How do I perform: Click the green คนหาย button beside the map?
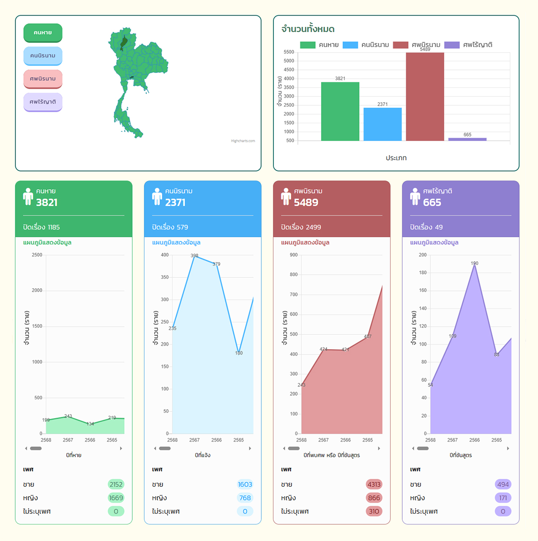[x=43, y=33]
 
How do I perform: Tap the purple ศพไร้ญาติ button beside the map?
[x=43, y=102]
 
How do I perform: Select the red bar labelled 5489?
[x=425, y=96]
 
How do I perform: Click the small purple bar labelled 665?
[x=467, y=139]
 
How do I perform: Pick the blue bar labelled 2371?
[x=382, y=124]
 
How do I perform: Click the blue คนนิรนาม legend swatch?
[x=350, y=45]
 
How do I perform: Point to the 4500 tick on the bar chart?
[x=289, y=69]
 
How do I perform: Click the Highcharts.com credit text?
[x=243, y=141]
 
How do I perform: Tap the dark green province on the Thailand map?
[x=124, y=43]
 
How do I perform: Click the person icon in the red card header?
[x=286, y=196]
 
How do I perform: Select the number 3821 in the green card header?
[x=47, y=203]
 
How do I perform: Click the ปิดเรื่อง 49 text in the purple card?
[x=426, y=227]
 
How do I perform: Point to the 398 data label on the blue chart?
[x=195, y=255]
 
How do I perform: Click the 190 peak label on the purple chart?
[x=474, y=264]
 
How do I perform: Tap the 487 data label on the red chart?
[x=368, y=336]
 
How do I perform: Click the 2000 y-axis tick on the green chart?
[x=37, y=290]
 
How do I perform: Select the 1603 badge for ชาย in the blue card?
[x=245, y=484]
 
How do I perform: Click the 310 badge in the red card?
[x=374, y=511]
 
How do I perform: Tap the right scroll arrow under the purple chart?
[x=508, y=448]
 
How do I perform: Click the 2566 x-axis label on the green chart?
[x=90, y=440]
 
